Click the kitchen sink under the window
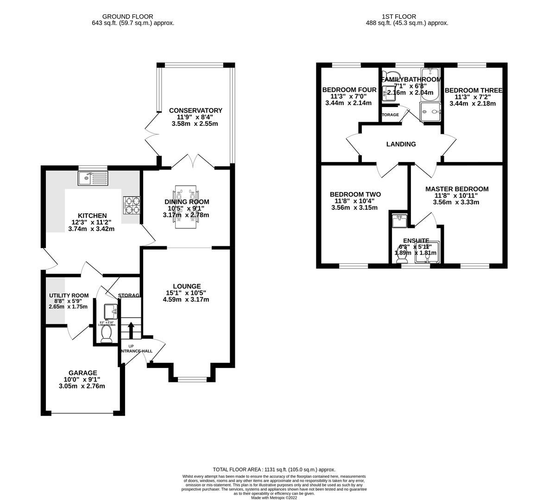tap(93, 178)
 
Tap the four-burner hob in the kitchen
tap(132, 206)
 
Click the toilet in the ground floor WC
tap(107, 334)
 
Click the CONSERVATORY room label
tap(195, 111)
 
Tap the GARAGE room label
tap(83, 373)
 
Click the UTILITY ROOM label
tap(69, 295)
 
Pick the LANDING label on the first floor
tap(401, 144)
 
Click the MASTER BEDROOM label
tap(457, 189)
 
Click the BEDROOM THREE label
tap(473, 90)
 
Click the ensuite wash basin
tap(398, 221)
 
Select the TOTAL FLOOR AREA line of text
tap(274, 469)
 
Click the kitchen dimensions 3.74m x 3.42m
tap(91, 229)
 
